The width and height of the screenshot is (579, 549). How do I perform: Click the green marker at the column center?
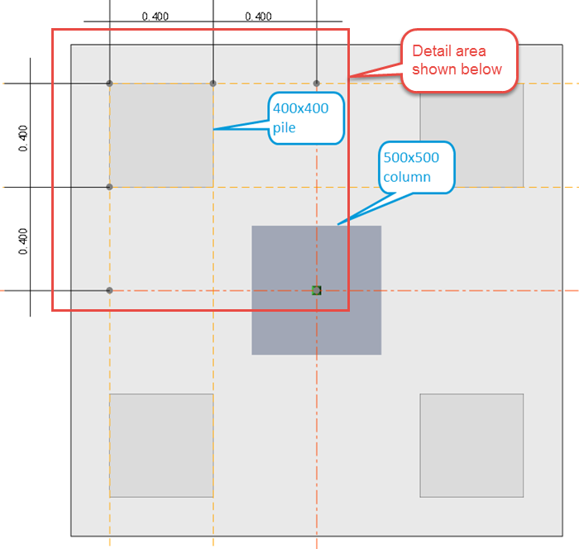[316, 290]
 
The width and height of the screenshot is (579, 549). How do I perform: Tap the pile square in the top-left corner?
[161, 135]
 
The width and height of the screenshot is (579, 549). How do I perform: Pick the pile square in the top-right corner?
[471, 135]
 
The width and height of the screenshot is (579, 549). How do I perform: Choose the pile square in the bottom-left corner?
[161, 445]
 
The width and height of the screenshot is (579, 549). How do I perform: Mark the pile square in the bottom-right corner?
[471, 445]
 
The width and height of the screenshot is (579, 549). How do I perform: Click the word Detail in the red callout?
[432, 51]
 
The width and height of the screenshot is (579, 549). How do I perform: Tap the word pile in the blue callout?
[285, 128]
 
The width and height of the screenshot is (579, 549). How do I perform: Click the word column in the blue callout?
[406, 177]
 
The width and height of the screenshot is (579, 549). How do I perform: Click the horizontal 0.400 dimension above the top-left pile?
[156, 16]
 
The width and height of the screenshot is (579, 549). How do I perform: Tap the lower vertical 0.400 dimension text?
[22, 240]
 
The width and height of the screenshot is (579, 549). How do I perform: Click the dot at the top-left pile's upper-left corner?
[109, 83]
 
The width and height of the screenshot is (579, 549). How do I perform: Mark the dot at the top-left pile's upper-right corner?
[213, 83]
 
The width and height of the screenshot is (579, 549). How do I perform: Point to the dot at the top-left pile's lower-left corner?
[109, 187]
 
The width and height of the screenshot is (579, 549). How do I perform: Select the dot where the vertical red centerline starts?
[316, 83]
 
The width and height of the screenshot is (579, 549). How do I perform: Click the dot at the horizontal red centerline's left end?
[109, 290]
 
